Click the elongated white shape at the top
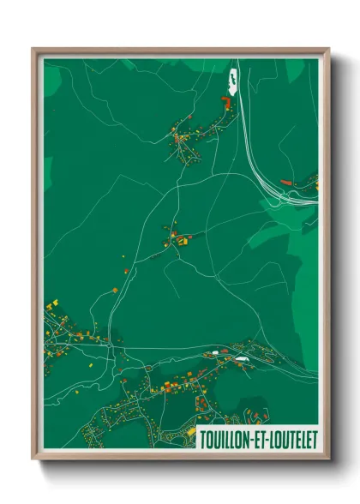[x=231, y=81]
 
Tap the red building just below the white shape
[x=227, y=101]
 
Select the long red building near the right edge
[x=287, y=182]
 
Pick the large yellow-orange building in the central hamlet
[x=182, y=242]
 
